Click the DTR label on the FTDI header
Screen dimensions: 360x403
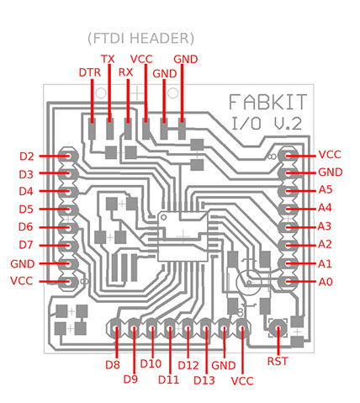[90, 72]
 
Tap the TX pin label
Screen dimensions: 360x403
[108, 59]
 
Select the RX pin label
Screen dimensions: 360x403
[125, 72]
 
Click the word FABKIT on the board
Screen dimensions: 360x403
[267, 102]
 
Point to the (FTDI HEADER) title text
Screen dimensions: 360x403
[140, 39]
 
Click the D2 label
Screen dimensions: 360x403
[27, 156]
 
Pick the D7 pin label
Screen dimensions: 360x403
[26, 245]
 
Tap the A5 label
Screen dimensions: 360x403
[326, 190]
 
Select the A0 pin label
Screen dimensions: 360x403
[326, 282]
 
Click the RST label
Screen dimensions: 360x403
[278, 361]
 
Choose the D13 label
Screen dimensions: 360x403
[204, 380]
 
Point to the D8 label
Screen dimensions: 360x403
[113, 365]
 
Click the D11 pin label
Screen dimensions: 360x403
[168, 380]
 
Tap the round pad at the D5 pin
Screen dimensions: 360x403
[68, 209]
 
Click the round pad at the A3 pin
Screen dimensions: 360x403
[288, 227]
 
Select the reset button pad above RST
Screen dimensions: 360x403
[278, 328]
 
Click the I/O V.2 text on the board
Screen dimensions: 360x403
[267, 124]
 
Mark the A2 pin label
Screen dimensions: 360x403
[325, 245]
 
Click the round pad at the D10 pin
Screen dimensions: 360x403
[151, 328]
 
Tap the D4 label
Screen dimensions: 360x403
[26, 192]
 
